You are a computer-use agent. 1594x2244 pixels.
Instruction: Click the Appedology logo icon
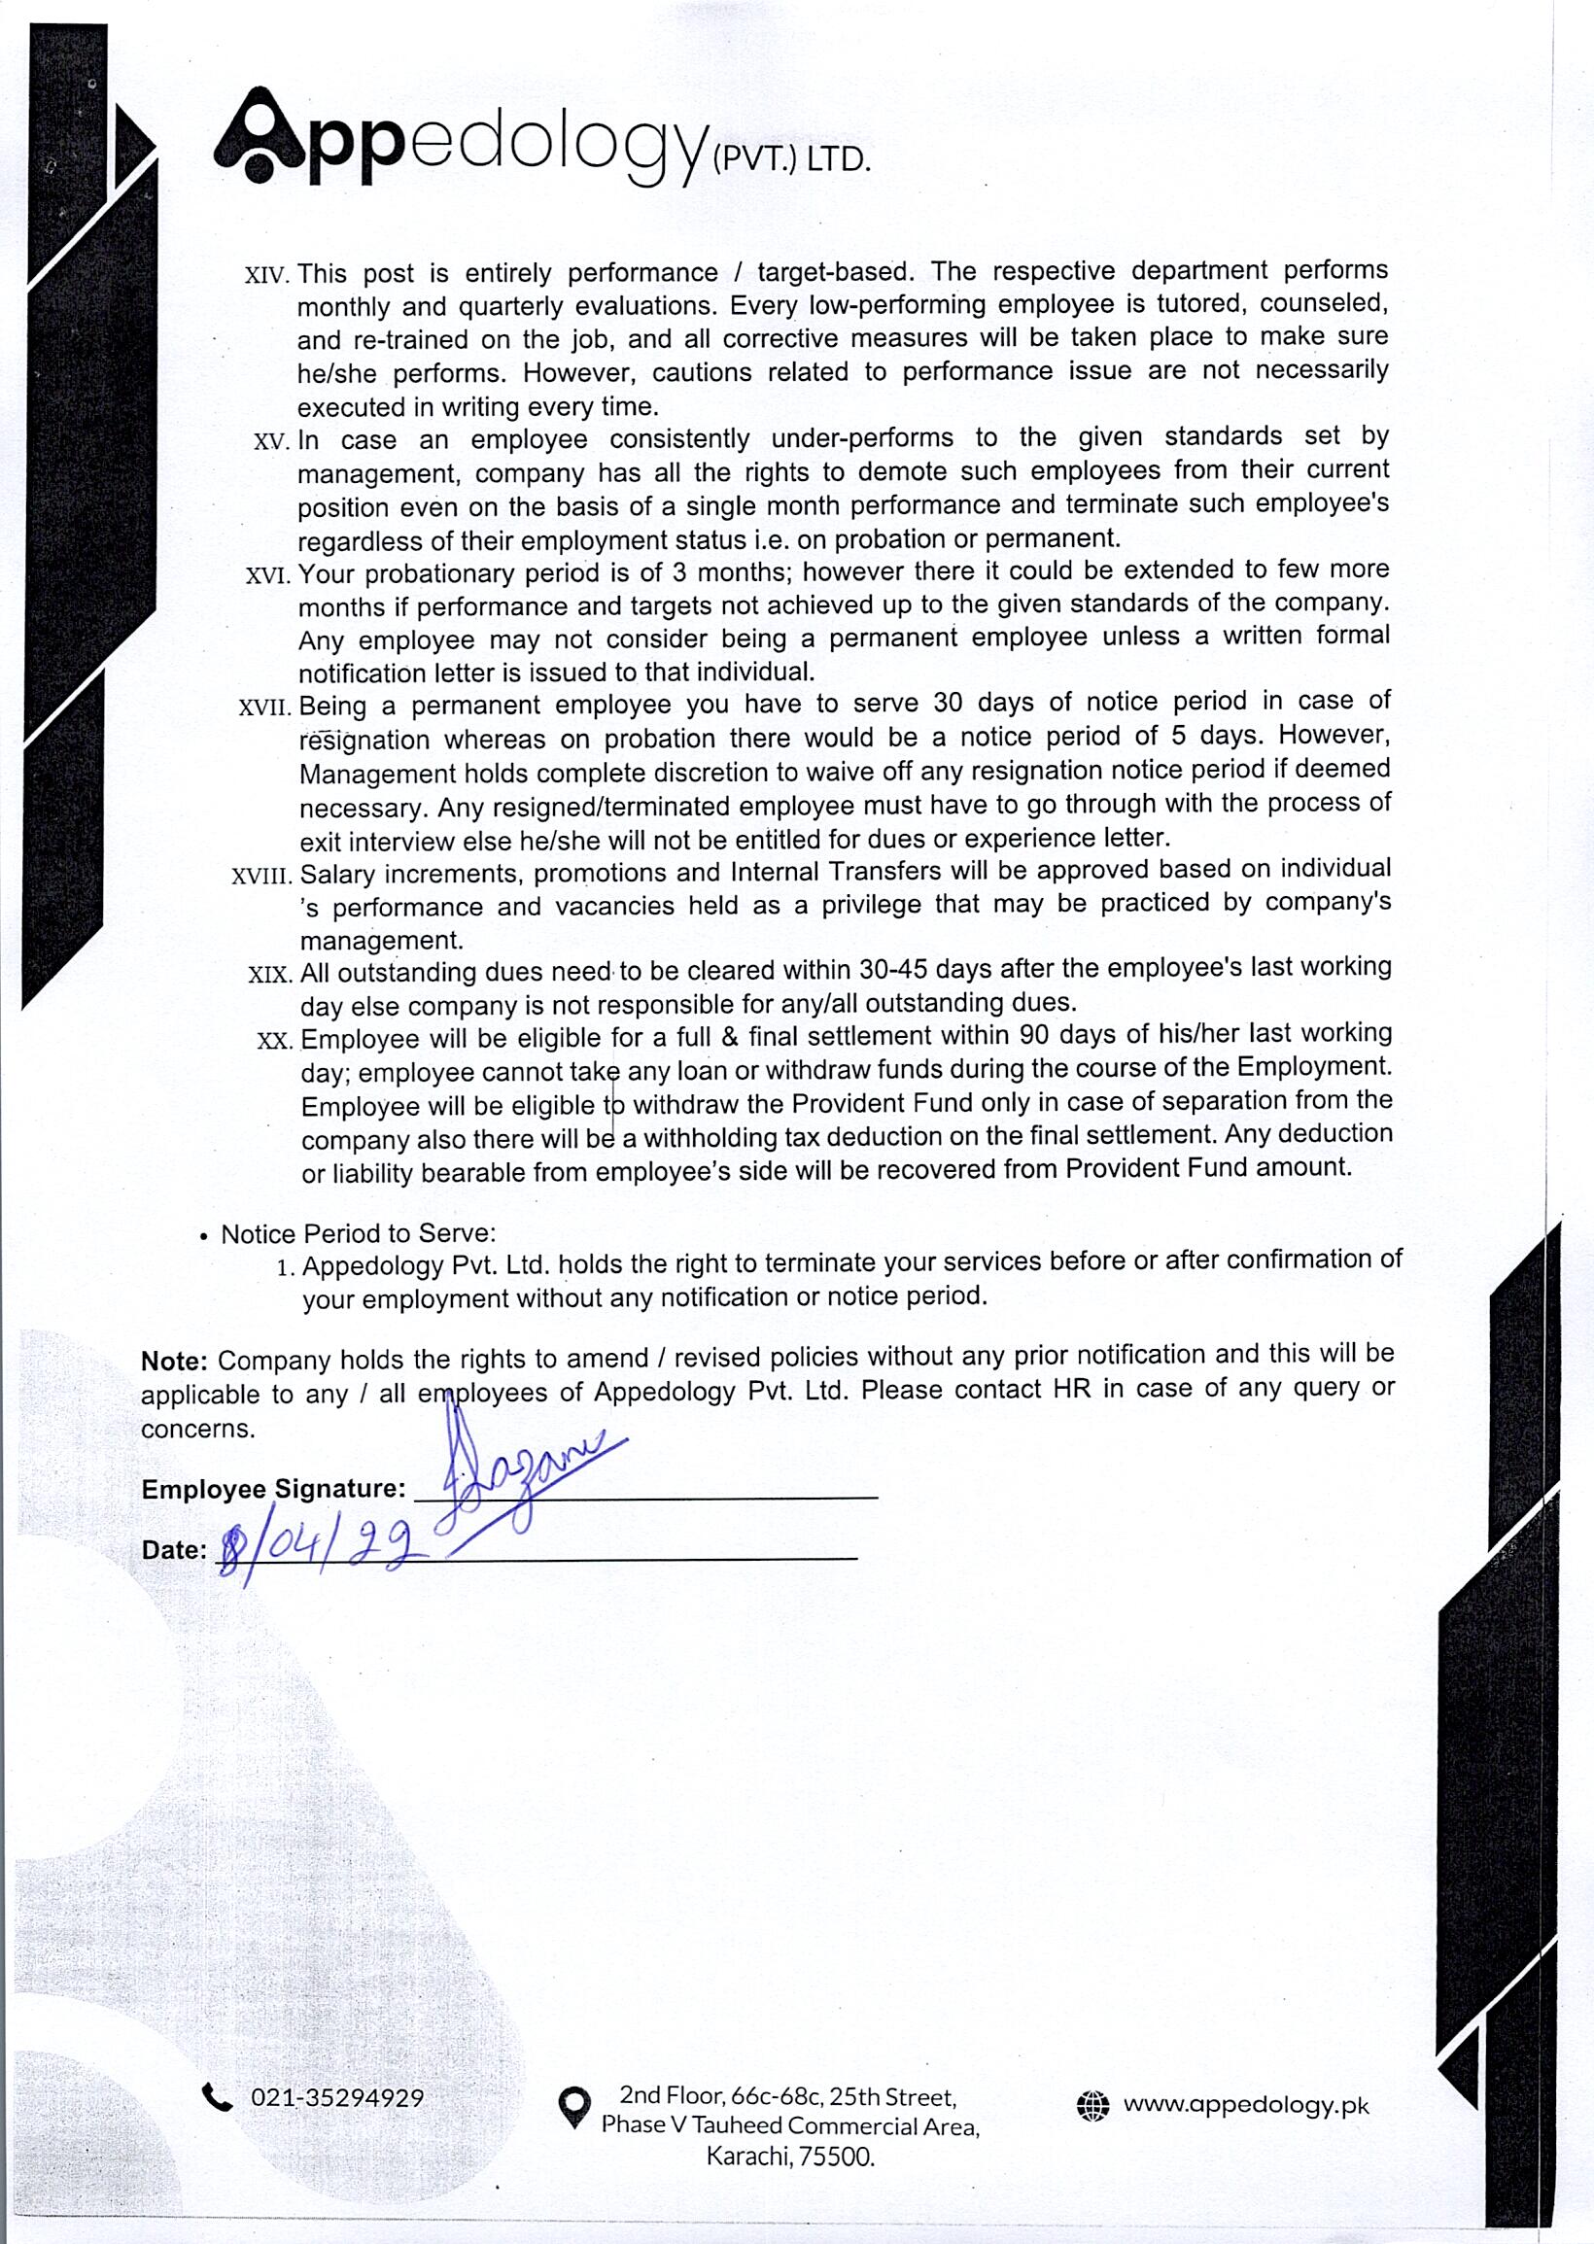pos(259,138)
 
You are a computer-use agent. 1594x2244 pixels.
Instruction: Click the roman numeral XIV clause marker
pos(266,275)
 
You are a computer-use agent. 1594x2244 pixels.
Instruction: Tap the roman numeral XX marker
pos(275,1041)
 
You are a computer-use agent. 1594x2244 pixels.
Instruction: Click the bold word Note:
pos(174,1361)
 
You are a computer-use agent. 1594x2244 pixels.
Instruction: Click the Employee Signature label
pos(273,1490)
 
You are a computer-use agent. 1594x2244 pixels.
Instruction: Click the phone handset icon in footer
pos(217,2098)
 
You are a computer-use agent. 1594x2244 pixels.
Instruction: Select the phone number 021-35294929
pos(336,2098)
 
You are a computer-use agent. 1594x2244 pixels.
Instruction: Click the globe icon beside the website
pos(1092,2106)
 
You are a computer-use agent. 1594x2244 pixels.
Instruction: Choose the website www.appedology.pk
pos(1246,2105)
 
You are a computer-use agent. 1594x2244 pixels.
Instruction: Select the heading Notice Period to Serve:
pos(359,1233)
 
